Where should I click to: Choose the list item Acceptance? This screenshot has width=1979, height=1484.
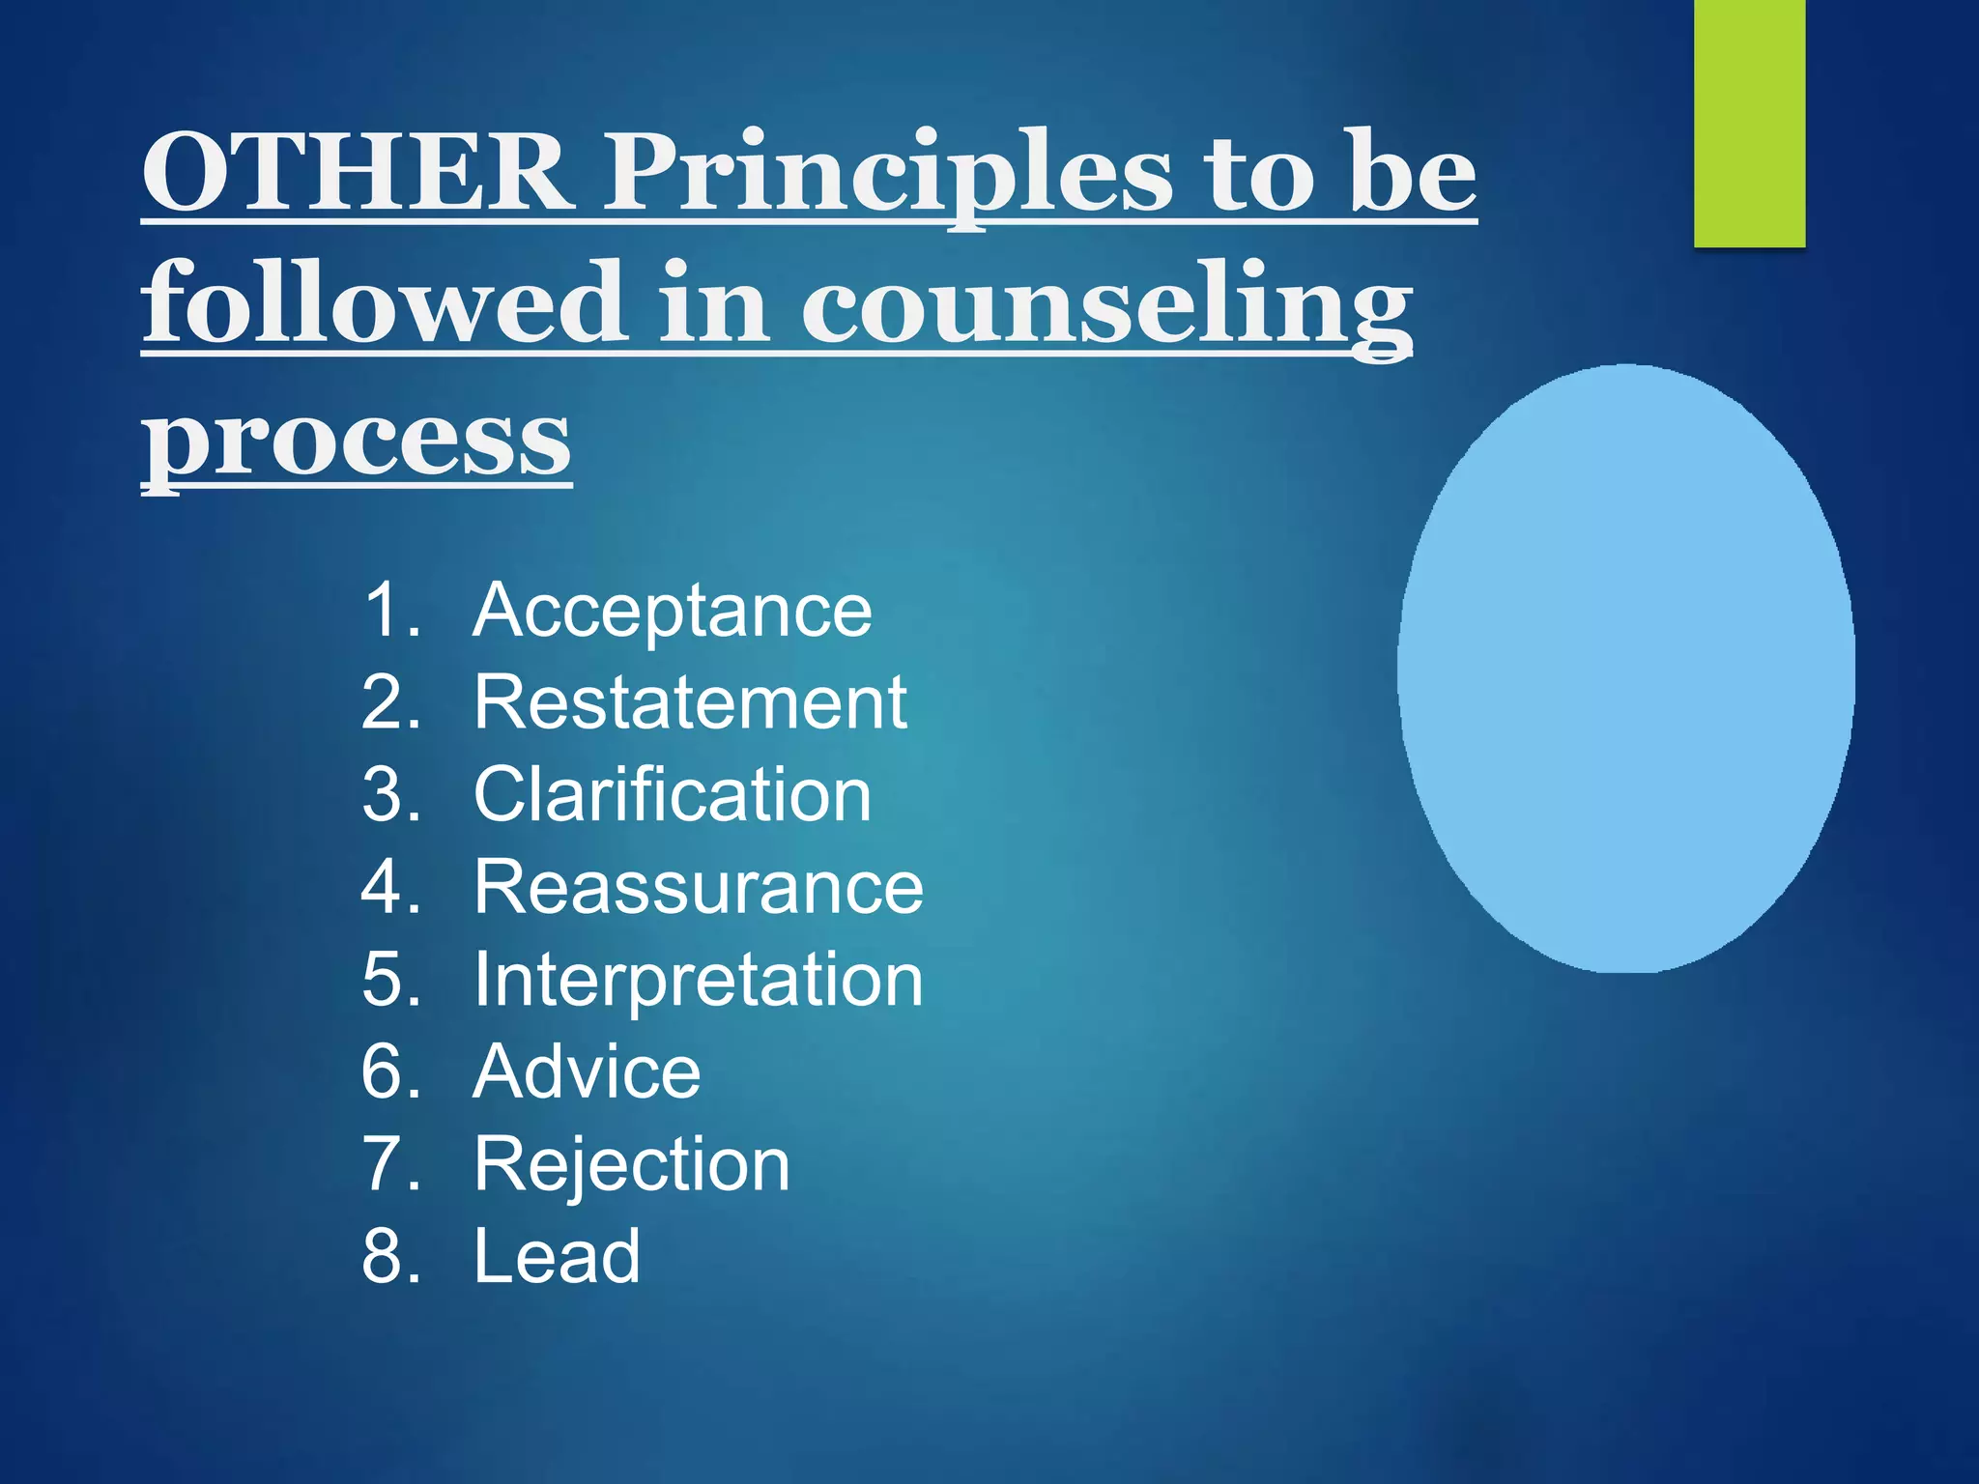pos(672,611)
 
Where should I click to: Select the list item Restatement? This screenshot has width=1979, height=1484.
pos(690,702)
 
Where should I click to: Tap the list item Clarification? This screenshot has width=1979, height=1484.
pos(672,795)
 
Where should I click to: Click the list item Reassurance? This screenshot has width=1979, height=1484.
pos(698,887)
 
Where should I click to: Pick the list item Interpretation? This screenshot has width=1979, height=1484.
pos(698,980)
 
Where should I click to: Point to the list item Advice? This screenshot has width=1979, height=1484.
pos(587,1071)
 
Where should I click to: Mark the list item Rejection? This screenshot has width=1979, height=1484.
pos(632,1164)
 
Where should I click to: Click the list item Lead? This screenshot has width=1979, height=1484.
pos(557,1256)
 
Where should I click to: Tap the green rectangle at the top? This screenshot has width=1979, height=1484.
pos(1749,124)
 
